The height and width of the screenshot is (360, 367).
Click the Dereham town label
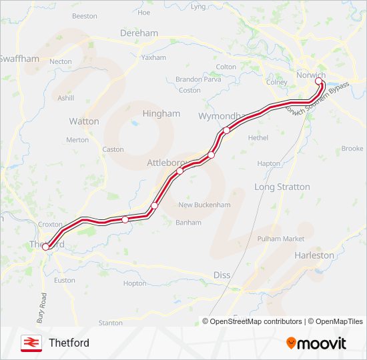[x=139, y=33]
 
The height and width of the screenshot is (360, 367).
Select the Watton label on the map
[x=84, y=121]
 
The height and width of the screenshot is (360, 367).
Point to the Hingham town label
[x=161, y=113]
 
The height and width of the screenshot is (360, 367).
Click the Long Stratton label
[x=282, y=187]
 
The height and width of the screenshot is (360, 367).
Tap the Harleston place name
[x=314, y=255]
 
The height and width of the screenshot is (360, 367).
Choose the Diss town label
[x=221, y=275]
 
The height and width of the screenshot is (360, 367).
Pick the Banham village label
[x=188, y=223]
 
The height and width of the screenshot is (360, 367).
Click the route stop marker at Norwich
[x=318, y=82]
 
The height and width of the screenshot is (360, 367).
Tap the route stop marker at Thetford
[x=46, y=247]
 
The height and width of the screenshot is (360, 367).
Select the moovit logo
[x=316, y=343]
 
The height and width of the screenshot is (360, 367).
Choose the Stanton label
[x=110, y=323]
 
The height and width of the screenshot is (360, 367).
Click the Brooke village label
[x=352, y=149]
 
